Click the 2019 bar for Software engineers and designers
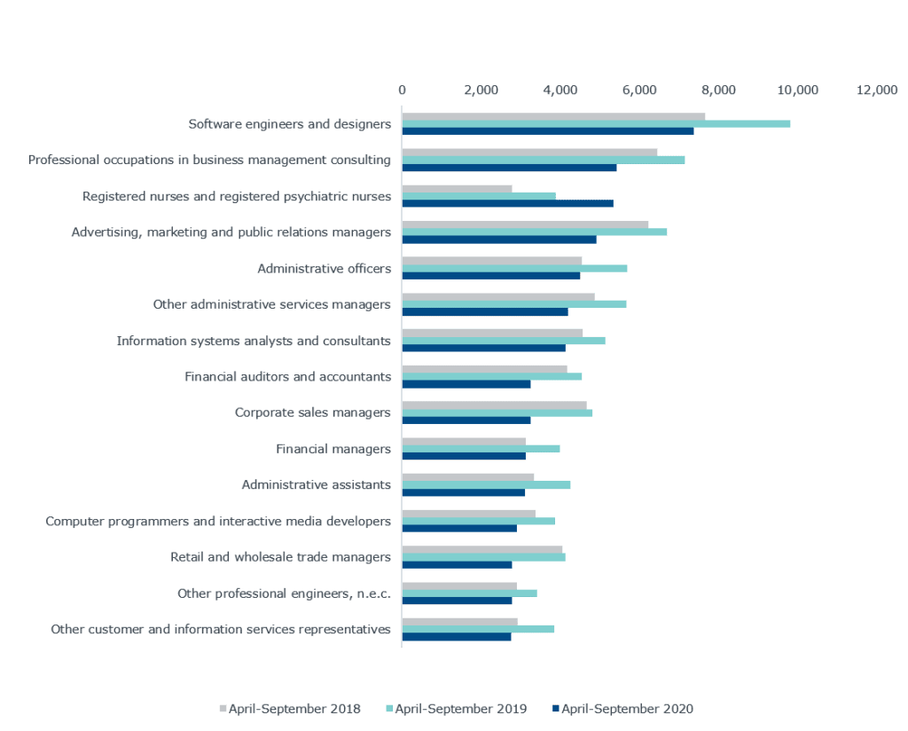coord(596,124)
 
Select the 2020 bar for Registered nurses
coord(507,204)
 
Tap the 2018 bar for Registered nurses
coord(457,188)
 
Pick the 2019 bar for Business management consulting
coord(543,160)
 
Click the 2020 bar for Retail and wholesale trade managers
coord(457,565)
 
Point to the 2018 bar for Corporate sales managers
coord(494,405)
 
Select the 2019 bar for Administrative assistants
coord(486,485)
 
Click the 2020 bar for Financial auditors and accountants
coord(466,384)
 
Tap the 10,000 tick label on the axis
coord(798,90)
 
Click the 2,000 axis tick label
coord(481,90)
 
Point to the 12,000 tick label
coord(877,90)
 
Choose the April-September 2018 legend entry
coord(290,708)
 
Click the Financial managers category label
coord(333,449)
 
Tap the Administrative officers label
coord(324,268)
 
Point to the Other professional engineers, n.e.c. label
coord(284,593)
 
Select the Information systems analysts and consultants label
coord(254,341)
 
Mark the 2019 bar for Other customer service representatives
coord(478,630)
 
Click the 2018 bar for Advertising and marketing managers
coord(525,224)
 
